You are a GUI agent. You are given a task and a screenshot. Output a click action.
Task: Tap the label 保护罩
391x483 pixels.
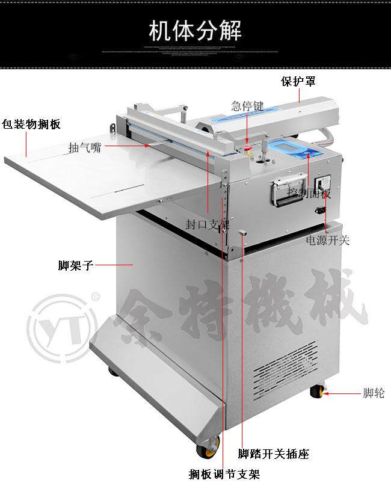pos(298,81)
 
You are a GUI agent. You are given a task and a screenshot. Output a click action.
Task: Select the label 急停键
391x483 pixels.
pos(247,106)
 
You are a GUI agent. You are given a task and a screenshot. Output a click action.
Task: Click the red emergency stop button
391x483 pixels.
pos(247,146)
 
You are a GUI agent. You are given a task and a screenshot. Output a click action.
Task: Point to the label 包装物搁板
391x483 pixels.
pos(31,125)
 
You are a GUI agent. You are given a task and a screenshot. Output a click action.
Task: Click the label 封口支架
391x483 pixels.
pos(208,225)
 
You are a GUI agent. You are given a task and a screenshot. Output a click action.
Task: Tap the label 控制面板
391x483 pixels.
pos(309,194)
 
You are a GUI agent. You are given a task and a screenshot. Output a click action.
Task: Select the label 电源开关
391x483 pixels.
pos(327,241)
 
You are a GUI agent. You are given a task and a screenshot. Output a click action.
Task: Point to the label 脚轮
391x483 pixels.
pos(374,393)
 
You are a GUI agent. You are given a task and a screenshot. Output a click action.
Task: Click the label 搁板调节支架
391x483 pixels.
pos(224,474)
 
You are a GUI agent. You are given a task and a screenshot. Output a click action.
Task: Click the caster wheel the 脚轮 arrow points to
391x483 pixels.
pos(316,393)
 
